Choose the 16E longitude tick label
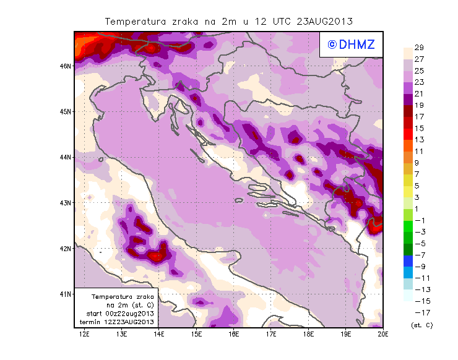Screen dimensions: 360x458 tap(234, 334)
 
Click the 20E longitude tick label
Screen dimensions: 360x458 tap(383, 334)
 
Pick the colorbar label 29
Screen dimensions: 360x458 tap(419, 48)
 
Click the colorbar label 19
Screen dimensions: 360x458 tap(419, 105)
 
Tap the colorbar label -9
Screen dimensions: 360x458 tap(419, 267)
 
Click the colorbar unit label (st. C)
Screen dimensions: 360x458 tap(421, 325)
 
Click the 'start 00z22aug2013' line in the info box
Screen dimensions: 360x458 tap(117, 314)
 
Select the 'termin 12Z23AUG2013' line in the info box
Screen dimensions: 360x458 tap(117, 322)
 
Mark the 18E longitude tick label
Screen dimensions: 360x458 tap(308, 334)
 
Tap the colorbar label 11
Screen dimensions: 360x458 tap(419, 152)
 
